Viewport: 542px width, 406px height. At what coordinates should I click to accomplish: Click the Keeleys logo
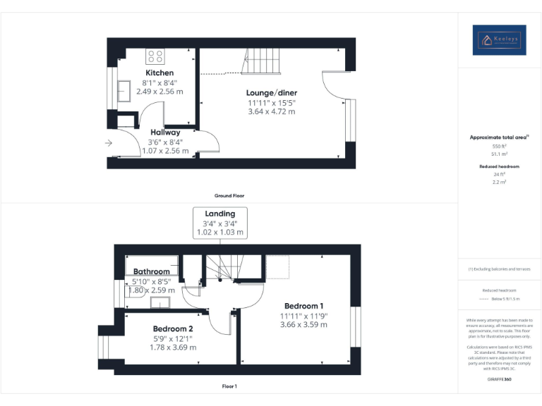click(500, 39)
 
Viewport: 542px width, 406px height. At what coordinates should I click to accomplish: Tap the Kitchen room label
click(159, 73)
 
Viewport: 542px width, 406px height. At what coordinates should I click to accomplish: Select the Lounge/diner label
click(271, 93)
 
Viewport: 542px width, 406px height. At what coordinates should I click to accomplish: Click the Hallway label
click(165, 132)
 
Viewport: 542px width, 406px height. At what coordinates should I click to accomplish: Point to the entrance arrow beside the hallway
click(108, 143)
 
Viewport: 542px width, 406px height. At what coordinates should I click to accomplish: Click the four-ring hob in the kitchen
click(155, 56)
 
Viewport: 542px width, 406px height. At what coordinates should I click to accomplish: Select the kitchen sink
click(124, 89)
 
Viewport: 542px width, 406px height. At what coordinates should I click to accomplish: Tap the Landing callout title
click(220, 214)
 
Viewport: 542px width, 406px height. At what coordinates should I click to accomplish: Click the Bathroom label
click(152, 271)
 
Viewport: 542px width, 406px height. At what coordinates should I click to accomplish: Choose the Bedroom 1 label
click(303, 305)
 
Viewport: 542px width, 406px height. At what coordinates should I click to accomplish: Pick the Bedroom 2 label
click(173, 328)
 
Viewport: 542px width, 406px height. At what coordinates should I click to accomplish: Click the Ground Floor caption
click(229, 195)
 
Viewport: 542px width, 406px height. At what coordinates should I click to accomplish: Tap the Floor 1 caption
click(229, 386)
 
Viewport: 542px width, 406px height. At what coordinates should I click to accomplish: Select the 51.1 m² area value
click(499, 153)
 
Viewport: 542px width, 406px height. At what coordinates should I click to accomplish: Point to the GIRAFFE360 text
click(499, 379)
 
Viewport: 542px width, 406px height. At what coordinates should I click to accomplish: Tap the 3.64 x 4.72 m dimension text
click(271, 111)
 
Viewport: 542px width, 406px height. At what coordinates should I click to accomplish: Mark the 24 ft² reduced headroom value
click(499, 174)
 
